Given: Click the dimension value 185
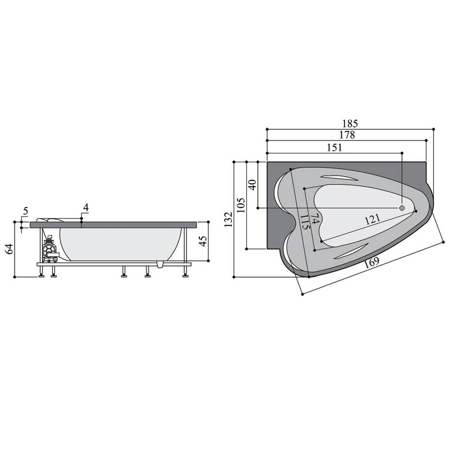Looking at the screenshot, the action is [x=350, y=123].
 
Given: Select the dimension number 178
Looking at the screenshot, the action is [x=347, y=135].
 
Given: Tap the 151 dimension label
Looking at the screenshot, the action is [x=335, y=147].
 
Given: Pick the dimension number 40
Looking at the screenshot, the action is [x=253, y=185].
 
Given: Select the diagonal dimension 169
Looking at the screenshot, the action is [x=372, y=263].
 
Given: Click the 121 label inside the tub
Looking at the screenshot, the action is [x=372, y=220].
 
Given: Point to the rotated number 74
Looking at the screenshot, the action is [x=315, y=218].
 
